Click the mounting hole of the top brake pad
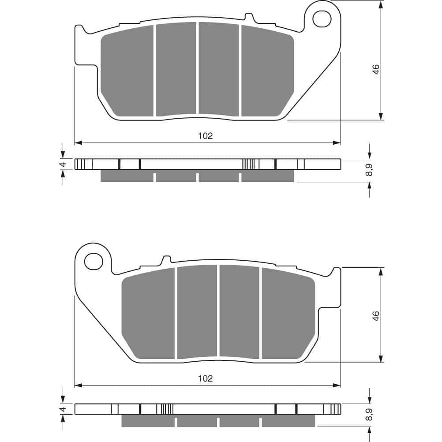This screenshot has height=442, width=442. pyautogui.click(x=322, y=19)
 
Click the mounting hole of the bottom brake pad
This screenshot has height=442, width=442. pyautogui.click(x=94, y=261)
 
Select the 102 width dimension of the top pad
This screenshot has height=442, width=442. pyautogui.click(x=205, y=136)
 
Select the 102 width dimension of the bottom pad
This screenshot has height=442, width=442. pyautogui.click(x=205, y=378)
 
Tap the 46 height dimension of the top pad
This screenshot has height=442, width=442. pyautogui.click(x=376, y=69)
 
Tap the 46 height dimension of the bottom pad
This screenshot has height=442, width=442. pyautogui.click(x=376, y=316)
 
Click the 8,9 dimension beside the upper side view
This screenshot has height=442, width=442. pyautogui.click(x=369, y=170)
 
